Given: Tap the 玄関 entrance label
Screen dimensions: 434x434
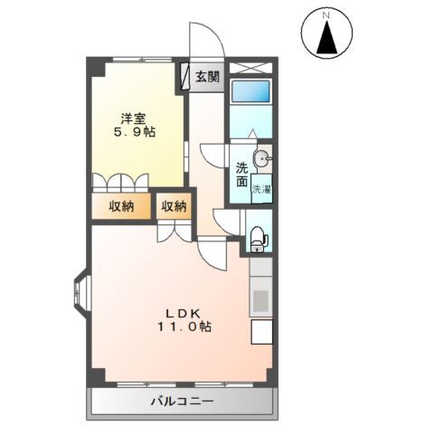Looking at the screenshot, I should pos(207,77).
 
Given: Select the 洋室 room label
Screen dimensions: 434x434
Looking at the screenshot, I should pos(134,117).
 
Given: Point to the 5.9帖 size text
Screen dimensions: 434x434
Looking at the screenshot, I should pos(134,132).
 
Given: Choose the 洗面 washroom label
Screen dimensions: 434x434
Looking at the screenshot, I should pos(242,174).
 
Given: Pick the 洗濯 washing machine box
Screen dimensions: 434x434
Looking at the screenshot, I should pos(260,190).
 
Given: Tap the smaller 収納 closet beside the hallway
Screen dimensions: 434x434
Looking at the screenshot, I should pos(174,206).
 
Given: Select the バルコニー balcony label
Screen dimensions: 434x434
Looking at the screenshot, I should pos(181,400).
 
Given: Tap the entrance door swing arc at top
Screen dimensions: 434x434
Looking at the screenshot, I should pos(206,41).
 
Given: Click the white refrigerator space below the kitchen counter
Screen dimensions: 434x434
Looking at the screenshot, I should pos(260,332).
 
